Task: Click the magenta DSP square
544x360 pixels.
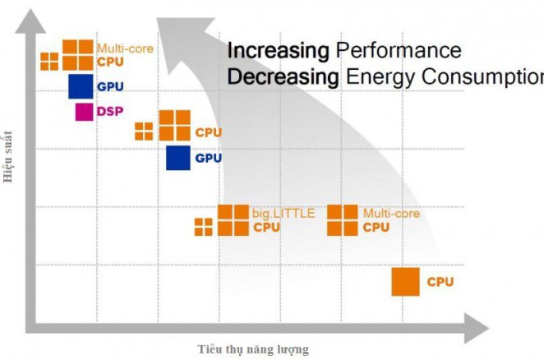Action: click(x=84, y=111)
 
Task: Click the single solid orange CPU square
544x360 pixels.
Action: click(x=405, y=282)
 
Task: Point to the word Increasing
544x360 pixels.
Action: click(x=277, y=50)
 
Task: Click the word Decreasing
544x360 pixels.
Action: click(x=283, y=77)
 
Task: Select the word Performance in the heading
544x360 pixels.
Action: click(x=399, y=51)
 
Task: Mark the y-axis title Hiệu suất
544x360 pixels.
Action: click(x=9, y=158)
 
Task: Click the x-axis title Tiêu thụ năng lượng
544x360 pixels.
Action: click(x=253, y=349)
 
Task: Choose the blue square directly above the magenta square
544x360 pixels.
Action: click(x=80, y=85)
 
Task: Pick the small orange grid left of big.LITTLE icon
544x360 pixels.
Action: click(x=203, y=226)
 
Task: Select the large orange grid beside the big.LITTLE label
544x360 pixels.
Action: click(x=233, y=219)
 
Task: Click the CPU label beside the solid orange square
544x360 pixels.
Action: click(x=440, y=282)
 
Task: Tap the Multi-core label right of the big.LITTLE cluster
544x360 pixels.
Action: click(x=391, y=214)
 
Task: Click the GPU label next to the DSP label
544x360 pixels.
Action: click(x=109, y=86)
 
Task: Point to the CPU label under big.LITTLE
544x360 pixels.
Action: click(x=266, y=227)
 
